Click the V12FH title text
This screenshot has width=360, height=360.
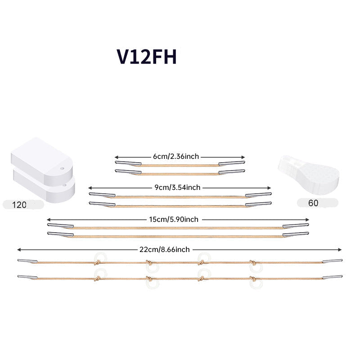(x=147, y=57)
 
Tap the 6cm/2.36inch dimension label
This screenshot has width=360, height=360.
(x=176, y=157)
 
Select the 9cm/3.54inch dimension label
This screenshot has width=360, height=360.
(x=177, y=188)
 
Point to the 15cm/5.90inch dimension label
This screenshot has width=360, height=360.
(x=174, y=220)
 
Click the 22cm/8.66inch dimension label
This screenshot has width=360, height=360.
(x=164, y=250)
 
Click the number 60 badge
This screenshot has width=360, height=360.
(x=318, y=203)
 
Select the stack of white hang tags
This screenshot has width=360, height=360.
(x=43, y=170)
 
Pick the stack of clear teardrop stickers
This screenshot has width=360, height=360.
(x=308, y=175)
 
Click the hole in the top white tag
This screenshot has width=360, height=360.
(x=62, y=168)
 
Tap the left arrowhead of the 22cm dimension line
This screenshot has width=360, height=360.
(x=19, y=250)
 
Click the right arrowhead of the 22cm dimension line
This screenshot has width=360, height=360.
(x=340, y=250)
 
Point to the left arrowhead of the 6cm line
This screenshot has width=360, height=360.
(x=117, y=157)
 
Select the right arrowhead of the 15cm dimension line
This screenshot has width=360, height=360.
(x=307, y=220)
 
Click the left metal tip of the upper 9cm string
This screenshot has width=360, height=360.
(x=102, y=195)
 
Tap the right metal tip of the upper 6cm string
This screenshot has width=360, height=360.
(x=232, y=163)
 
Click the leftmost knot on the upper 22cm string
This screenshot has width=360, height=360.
(x=97, y=262)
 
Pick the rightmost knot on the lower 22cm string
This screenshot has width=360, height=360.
(x=252, y=279)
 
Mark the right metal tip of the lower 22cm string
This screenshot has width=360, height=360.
(x=333, y=277)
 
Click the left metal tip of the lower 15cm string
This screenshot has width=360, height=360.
(x=60, y=234)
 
